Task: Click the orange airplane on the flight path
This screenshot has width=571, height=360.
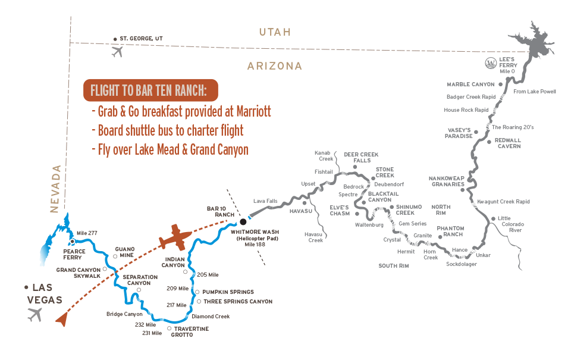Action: [x=175, y=237]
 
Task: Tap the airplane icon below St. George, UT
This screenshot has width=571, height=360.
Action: [x=117, y=52]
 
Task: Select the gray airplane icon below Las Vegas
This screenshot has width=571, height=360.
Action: [x=35, y=314]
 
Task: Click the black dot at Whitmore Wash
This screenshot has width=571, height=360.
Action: [x=243, y=221]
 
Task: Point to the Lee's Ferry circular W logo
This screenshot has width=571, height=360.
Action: [x=491, y=64]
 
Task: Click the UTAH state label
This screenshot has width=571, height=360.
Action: [x=275, y=32]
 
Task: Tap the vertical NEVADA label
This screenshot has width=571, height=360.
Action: [x=55, y=189]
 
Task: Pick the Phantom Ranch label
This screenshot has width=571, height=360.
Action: [x=450, y=231]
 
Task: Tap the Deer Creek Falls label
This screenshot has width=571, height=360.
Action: [x=361, y=158]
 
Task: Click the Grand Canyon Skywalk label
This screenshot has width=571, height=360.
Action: [x=79, y=273]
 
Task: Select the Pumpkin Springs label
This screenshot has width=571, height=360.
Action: [x=228, y=292]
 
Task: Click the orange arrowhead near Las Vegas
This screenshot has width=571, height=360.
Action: [x=62, y=319]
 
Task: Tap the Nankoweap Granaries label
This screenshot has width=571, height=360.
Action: [x=447, y=181]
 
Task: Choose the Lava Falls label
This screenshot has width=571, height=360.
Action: [x=265, y=201]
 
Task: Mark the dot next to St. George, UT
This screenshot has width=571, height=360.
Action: [x=115, y=39]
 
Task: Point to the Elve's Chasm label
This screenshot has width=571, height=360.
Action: [x=340, y=211]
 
